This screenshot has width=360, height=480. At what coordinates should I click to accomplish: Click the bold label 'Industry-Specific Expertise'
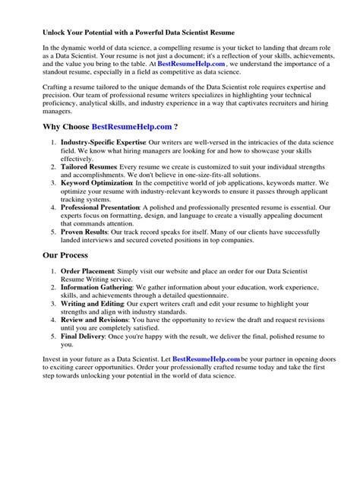click(x=103, y=142)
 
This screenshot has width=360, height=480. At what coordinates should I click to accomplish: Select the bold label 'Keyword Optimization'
click(x=96, y=183)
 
